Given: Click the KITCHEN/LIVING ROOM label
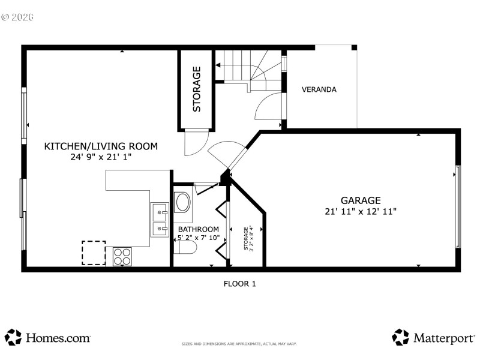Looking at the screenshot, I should click(x=101, y=146).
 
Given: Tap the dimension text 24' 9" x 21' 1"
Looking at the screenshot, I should click(x=101, y=157).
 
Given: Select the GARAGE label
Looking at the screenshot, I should click(x=361, y=200).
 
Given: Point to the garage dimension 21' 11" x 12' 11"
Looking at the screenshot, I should click(x=361, y=211).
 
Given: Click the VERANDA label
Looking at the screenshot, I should click(x=319, y=89).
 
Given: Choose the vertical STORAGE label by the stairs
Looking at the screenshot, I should click(x=196, y=89).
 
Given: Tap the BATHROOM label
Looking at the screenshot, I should click(x=198, y=229).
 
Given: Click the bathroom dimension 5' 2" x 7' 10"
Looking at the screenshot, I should click(x=198, y=238).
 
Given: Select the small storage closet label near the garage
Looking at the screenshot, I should click(x=247, y=238).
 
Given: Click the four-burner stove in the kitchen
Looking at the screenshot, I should click(x=122, y=256).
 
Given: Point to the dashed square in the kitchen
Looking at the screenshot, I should click(x=94, y=253).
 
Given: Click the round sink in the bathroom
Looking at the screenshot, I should click(x=182, y=203).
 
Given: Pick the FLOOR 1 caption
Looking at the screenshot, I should click(x=240, y=284).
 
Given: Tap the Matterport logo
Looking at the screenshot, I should click(x=433, y=338).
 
